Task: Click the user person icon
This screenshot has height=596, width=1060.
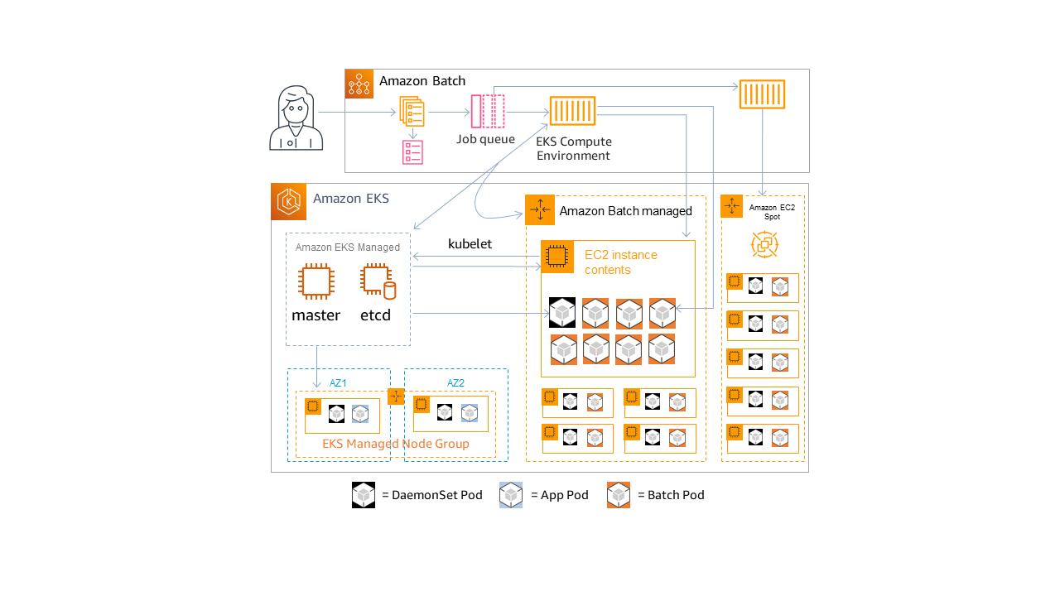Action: click(296, 118)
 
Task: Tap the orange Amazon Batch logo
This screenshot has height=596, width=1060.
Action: click(359, 84)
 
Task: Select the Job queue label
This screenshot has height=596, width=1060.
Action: click(486, 139)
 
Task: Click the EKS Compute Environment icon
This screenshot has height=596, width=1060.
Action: click(572, 111)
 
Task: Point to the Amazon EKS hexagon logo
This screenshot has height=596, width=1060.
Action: click(289, 202)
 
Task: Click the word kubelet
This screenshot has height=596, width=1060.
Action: click(470, 243)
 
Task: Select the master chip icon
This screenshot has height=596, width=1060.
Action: click(316, 281)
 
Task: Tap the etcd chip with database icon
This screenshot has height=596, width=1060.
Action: click(378, 281)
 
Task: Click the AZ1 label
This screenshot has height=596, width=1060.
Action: click(338, 382)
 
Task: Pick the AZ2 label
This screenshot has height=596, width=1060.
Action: click(455, 382)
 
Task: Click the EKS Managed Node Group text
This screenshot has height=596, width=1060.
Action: click(396, 444)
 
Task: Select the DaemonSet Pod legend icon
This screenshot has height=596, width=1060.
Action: click(364, 495)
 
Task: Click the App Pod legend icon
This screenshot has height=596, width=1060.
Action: click(511, 495)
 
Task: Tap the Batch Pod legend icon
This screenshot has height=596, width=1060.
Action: click(619, 495)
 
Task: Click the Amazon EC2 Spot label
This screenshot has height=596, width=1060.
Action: click(772, 212)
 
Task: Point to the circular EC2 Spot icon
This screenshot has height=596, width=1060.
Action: click(764, 244)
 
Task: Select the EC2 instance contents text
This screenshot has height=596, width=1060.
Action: click(620, 262)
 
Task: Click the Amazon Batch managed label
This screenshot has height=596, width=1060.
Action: click(625, 211)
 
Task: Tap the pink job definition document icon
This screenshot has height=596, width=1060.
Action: click(412, 152)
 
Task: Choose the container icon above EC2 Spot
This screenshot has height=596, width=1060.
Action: click(762, 94)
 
